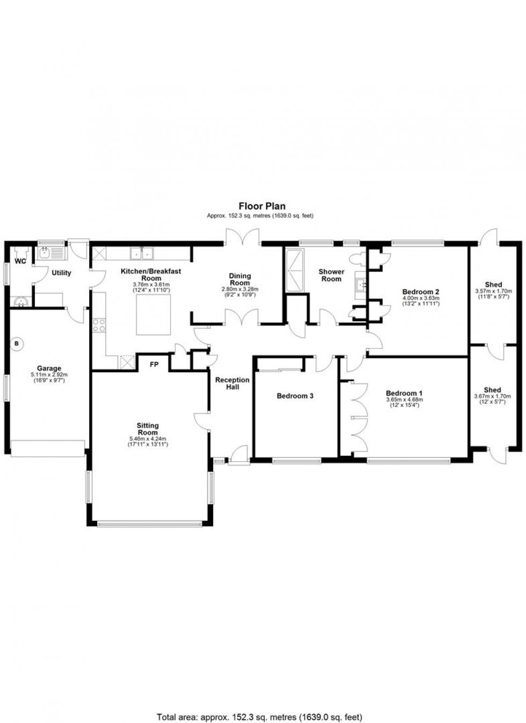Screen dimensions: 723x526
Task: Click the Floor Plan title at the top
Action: point(262,206)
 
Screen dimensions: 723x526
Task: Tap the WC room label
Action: point(20,262)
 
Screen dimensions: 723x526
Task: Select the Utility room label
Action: point(61,272)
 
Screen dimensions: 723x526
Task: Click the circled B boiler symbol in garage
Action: point(17,343)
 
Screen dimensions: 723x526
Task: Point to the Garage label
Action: point(49,368)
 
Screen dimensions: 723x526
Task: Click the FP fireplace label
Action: point(154,365)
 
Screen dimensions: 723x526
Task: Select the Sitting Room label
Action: point(148,429)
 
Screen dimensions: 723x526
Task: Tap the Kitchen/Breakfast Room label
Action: point(151,275)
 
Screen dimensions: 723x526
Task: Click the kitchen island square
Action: point(154,315)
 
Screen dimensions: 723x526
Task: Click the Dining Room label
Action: point(240,279)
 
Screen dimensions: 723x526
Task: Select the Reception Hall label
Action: point(232,383)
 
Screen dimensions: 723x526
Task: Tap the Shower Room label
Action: point(331,275)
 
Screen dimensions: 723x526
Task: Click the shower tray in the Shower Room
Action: point(295,271)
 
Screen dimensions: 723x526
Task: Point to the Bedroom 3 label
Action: point(295,396)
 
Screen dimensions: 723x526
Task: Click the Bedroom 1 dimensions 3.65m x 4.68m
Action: point(404,400)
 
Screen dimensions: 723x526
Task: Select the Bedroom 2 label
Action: point(421,292)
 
